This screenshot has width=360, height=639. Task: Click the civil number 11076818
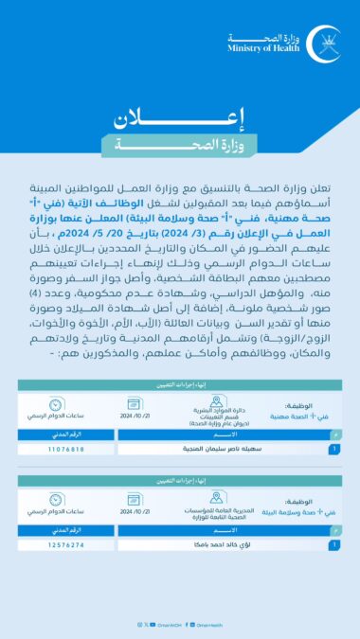point(65,449)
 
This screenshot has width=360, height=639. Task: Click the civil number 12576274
point(65,545)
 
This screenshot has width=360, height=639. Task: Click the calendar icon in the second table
point(130,498)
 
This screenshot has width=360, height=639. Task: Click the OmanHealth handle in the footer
point(209,624)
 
